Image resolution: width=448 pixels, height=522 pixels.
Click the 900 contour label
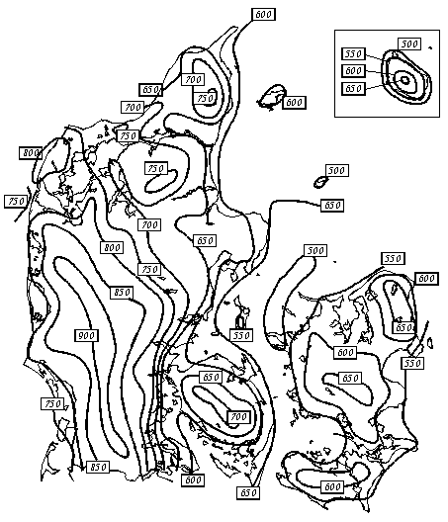point(86,335)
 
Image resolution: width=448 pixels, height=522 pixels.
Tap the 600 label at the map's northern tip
point(263,14)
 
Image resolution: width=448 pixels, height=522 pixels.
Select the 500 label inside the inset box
point(409,43)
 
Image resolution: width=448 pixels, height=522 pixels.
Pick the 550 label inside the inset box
point(353,53)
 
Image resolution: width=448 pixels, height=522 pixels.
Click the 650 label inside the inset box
point(353,88)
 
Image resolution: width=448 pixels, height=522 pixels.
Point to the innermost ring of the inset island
point(404,80)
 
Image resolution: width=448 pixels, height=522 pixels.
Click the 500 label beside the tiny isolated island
point(336,170)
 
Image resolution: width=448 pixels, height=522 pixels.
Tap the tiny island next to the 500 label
point(321,182)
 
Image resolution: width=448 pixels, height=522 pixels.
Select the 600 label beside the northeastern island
point(294,102)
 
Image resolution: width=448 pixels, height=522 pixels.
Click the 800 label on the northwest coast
point(31,153)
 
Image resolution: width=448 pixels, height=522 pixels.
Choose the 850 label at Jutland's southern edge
point(98,467)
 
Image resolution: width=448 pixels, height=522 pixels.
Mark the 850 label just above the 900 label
point(122,293)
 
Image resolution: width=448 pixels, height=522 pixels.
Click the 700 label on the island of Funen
point(238,416)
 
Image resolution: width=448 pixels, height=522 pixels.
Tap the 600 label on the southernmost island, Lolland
point(332,486)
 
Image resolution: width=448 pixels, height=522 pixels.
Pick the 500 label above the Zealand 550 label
point(315,250)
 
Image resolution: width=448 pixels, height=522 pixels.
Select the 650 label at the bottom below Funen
point(248,492)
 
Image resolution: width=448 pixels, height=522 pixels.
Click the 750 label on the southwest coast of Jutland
point(52,403)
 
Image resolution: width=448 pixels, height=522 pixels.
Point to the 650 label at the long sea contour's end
point(332,205)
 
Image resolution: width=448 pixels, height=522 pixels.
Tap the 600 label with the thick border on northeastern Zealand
point(426,279)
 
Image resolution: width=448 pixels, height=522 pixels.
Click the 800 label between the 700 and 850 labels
point(112,247)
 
